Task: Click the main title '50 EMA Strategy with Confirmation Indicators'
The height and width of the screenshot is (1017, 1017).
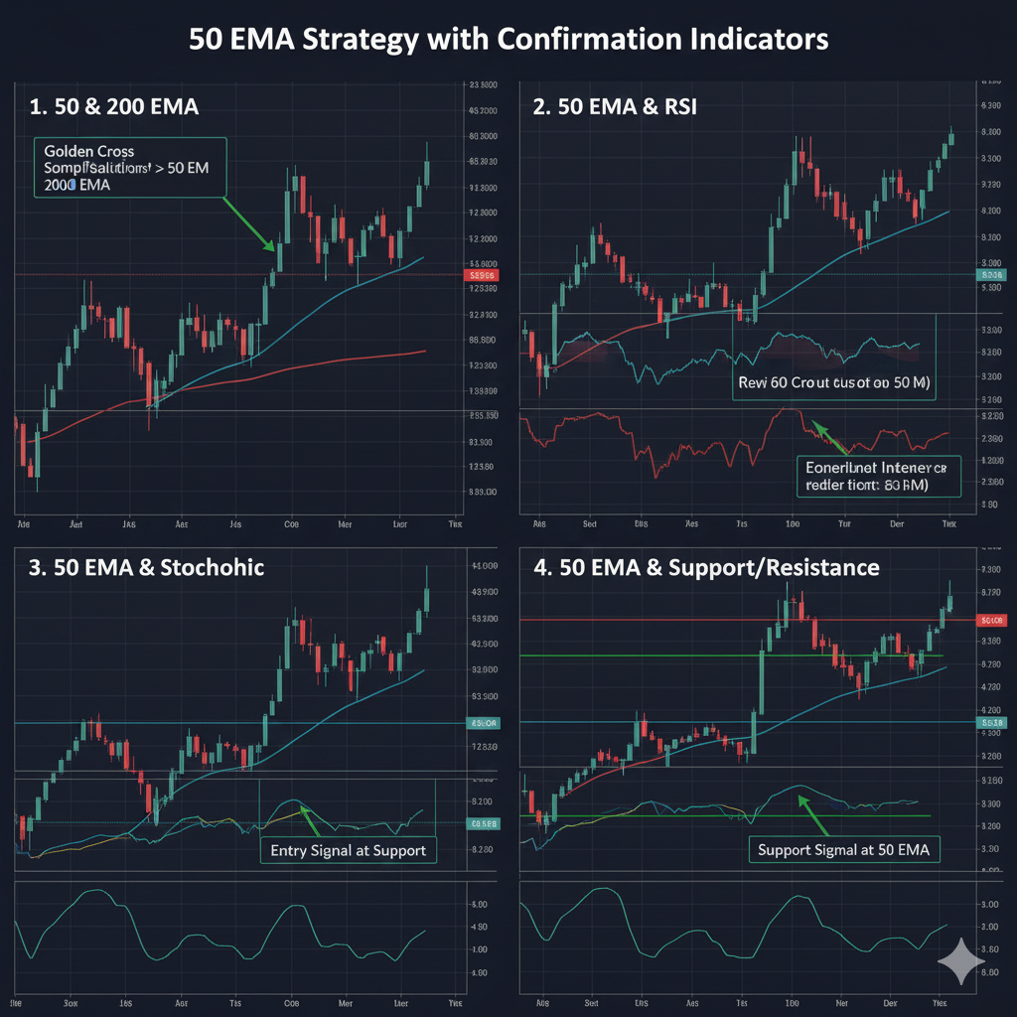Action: coord(508,40)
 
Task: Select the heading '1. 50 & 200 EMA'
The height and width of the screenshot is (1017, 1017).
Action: coord(114,106)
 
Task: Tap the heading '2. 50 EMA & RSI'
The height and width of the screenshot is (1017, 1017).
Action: coord(615,106)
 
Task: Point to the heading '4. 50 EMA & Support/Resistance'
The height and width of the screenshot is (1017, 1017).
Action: coord(706,567)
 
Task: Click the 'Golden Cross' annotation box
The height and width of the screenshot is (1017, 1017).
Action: coord(129,167)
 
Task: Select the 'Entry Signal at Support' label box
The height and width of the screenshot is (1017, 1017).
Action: coord(348,850)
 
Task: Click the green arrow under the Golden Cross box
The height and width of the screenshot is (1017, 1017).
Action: coord(248,223)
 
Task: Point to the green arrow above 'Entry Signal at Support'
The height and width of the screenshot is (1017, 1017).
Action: coord(309,818)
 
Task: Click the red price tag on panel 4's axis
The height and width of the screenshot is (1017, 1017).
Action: coord(990,620)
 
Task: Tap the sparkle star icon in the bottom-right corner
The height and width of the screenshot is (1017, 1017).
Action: coord(961,961)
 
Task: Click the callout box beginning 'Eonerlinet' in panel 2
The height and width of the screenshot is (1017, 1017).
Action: coord(879,476)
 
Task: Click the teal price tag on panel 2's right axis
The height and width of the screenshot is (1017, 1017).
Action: coord(990,275)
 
